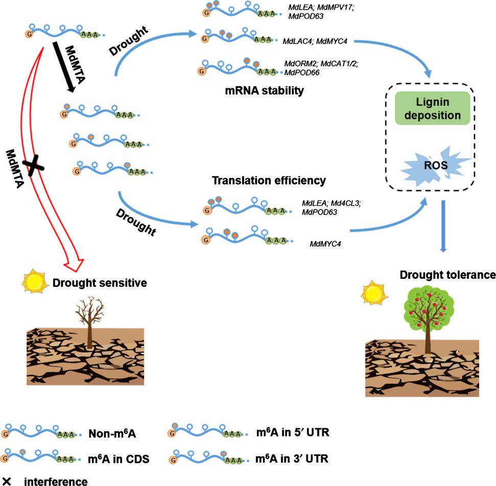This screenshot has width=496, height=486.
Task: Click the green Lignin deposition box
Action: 433,108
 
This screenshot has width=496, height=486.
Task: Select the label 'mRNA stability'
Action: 265,91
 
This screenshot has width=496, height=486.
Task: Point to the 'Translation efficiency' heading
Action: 269,180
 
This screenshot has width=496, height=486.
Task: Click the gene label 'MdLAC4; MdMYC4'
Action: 315,41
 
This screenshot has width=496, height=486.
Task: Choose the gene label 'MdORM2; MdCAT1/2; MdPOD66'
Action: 321,68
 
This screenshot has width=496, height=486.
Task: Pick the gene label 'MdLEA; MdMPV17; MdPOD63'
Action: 321,12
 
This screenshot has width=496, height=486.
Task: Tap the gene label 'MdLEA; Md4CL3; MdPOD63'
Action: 331,207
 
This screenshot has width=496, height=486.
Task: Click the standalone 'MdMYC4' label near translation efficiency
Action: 325,244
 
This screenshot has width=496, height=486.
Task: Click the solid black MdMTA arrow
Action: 63,67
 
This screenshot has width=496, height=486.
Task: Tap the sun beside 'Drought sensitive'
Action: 34,281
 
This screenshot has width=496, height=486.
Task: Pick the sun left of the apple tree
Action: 374,293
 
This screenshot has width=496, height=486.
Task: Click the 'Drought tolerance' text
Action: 447,275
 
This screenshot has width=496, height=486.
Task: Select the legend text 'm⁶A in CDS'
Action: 119,459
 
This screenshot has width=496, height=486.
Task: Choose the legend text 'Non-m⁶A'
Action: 112,433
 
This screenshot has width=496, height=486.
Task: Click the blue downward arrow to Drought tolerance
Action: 443,226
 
